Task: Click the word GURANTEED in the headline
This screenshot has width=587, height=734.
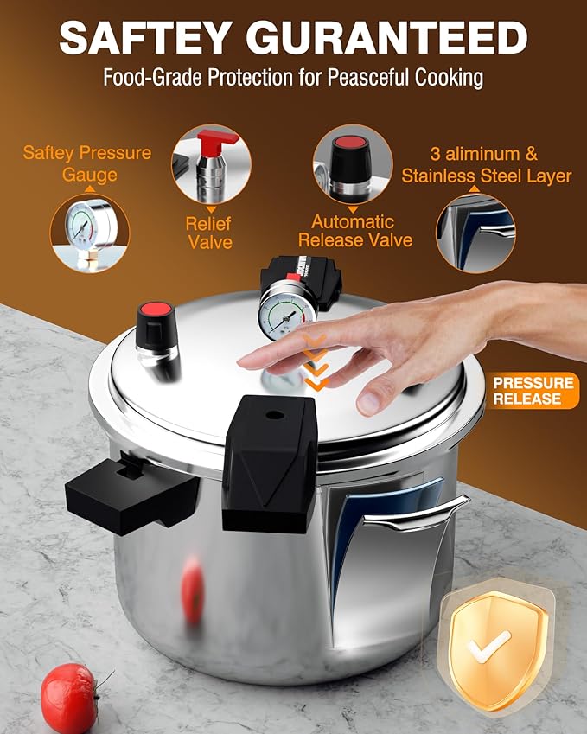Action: (387, 37)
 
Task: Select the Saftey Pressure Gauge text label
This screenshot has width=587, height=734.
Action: (87, 163)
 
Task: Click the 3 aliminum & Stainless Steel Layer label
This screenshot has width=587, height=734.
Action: (486, 165)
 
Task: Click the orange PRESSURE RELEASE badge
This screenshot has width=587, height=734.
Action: (533, 391)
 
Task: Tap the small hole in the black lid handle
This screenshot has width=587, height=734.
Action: (274, 415)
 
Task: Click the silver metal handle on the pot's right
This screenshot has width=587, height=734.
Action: (414, 515)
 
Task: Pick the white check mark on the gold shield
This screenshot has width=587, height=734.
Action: (488, 644)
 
